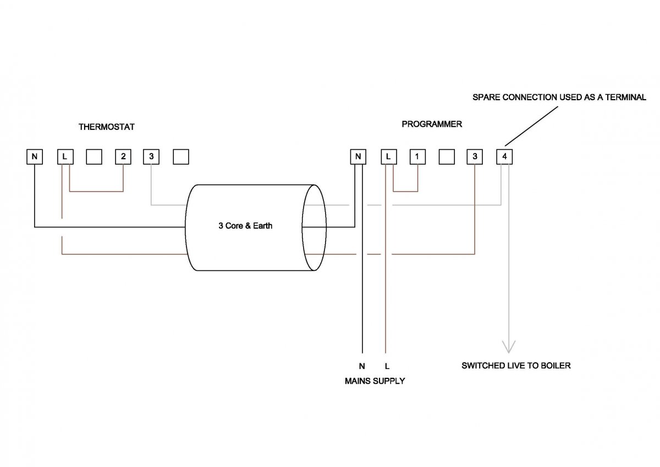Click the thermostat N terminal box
tap(35, 157)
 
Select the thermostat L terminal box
tap(65, 157)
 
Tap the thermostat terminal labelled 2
tap(123, 157)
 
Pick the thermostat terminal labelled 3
tap(151, 157)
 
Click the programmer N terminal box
tap(358, 157)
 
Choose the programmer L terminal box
tap(388, 157)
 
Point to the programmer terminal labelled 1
tap(417, 157)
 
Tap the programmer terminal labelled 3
tap(475, 157)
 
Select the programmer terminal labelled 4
tap(504, 157)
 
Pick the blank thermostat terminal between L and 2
tap(94, 157)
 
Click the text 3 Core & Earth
tap(245, 226)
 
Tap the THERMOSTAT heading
tap(107, 127)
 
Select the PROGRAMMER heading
tap(432, 124)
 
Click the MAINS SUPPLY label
tap(375, 381)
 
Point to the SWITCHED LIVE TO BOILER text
tap(516, 365)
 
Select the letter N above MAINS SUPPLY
tap(361, 365)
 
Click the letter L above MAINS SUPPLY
tap(387, 365)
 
